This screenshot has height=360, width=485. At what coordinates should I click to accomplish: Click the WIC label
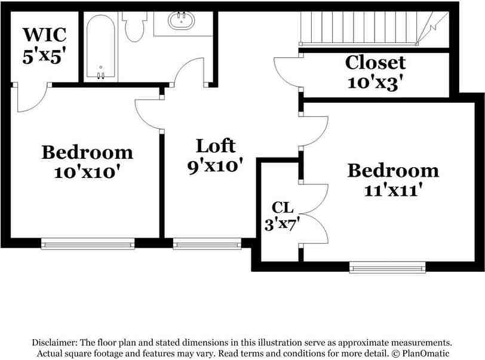coord(44,33)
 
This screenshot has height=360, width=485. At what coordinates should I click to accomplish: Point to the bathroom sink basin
coord(181,21)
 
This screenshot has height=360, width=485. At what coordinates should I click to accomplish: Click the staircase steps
coord(358,27)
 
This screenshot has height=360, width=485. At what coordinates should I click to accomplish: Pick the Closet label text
coord(376,62)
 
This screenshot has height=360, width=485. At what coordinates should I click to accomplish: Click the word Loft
coord(216,145)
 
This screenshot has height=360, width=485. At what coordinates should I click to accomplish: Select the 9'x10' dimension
coord(216,165)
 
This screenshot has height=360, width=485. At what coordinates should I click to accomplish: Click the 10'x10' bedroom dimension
coord(87,172)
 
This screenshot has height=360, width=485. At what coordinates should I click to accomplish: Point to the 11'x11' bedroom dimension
coord(393,190)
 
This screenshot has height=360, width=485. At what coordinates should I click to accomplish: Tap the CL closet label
coord(283,208)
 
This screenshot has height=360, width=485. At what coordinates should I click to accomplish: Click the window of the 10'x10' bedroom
coord(88,243)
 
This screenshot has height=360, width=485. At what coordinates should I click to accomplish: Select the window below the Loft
coord(207,243)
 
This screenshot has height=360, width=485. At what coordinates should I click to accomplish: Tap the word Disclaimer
coord(53,343)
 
